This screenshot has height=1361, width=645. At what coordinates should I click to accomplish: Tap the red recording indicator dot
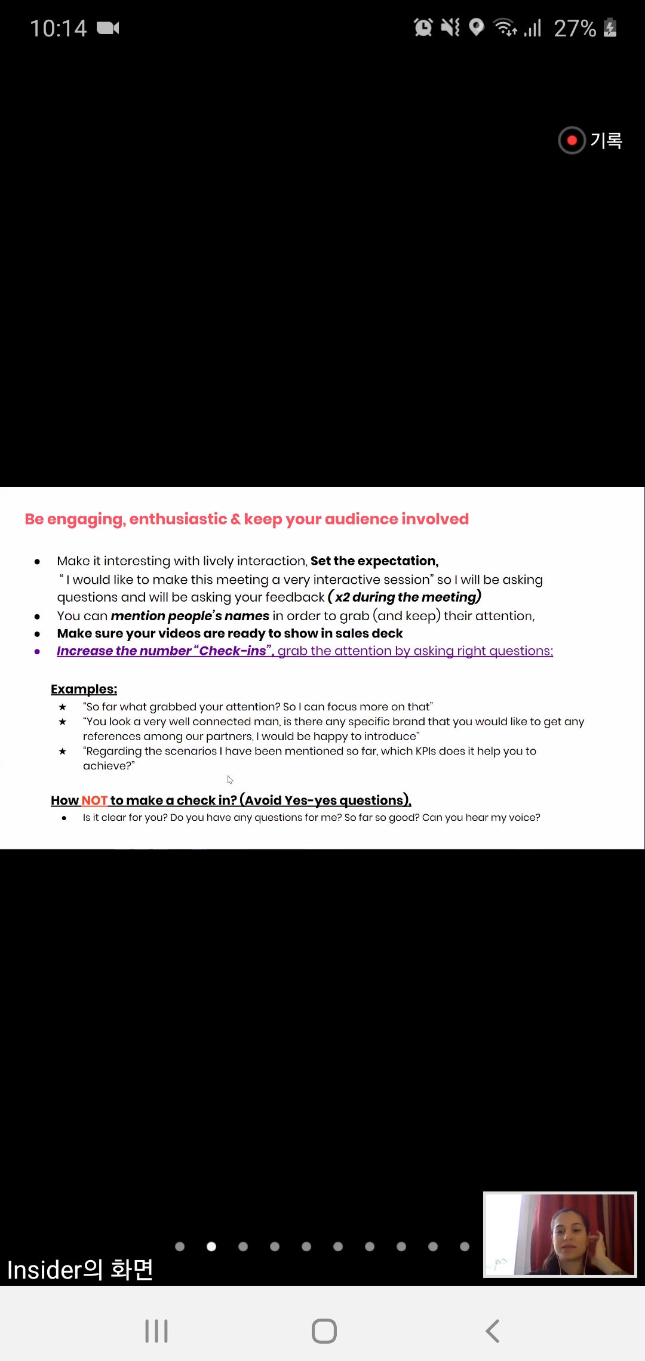coord(572,140)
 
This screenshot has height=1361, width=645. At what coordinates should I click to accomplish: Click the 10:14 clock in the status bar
coord(59,28)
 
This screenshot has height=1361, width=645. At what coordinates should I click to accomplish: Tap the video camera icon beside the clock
coord(108,28)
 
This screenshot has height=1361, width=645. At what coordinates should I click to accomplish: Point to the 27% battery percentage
coord(575,28)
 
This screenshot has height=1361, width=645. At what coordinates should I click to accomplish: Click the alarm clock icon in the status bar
coord(423,27)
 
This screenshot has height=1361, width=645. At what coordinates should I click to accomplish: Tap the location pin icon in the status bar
coord(476,27)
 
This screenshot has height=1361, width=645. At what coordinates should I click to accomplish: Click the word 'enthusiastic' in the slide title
coord(178,519)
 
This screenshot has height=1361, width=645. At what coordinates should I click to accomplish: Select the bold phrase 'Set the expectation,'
coord(374,561)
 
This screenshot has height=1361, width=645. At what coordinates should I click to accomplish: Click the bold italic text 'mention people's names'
coord(190,616)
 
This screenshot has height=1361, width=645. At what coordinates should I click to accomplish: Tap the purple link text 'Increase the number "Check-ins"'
coord(165,651)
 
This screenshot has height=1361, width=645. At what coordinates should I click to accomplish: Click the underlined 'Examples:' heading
coord(84,689)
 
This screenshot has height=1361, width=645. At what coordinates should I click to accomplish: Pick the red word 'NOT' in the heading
coord(94,800)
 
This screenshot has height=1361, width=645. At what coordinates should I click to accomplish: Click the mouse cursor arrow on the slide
coord(230,780)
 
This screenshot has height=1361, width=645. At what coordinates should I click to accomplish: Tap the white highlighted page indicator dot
coord(211,1246)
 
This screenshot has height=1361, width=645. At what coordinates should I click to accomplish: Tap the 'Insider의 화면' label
coord(80,1270)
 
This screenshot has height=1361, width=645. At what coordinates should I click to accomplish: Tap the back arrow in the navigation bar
coord(493,1331)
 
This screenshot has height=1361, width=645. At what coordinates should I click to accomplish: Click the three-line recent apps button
coord(156,1331)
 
